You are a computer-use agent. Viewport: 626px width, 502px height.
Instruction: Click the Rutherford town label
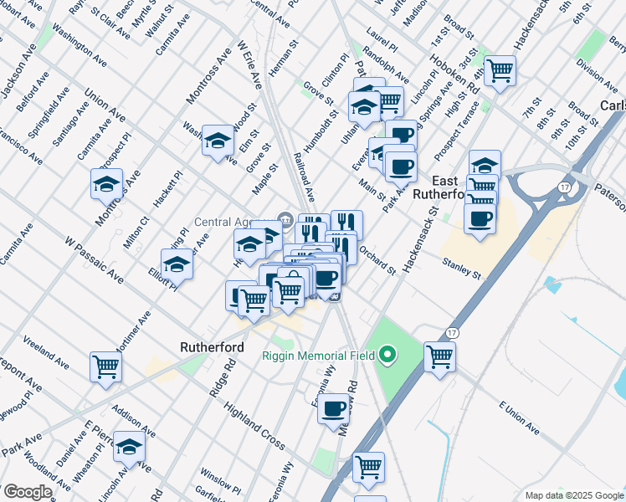(212, 346)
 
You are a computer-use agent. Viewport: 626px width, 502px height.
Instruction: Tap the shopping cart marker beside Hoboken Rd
(500, 71)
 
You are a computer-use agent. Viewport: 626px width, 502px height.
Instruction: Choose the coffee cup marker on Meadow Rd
(333, 408)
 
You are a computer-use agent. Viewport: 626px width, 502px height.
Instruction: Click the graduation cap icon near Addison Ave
(129, 447)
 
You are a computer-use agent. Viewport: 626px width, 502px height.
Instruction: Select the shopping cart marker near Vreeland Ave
(105, 366)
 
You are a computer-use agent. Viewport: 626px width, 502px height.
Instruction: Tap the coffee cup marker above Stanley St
(480, 219)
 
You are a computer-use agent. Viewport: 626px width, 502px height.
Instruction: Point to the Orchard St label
(377, 259)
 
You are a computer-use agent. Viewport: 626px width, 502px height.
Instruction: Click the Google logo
(27, 492)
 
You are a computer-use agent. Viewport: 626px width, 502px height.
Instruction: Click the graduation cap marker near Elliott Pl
(177, 264)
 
